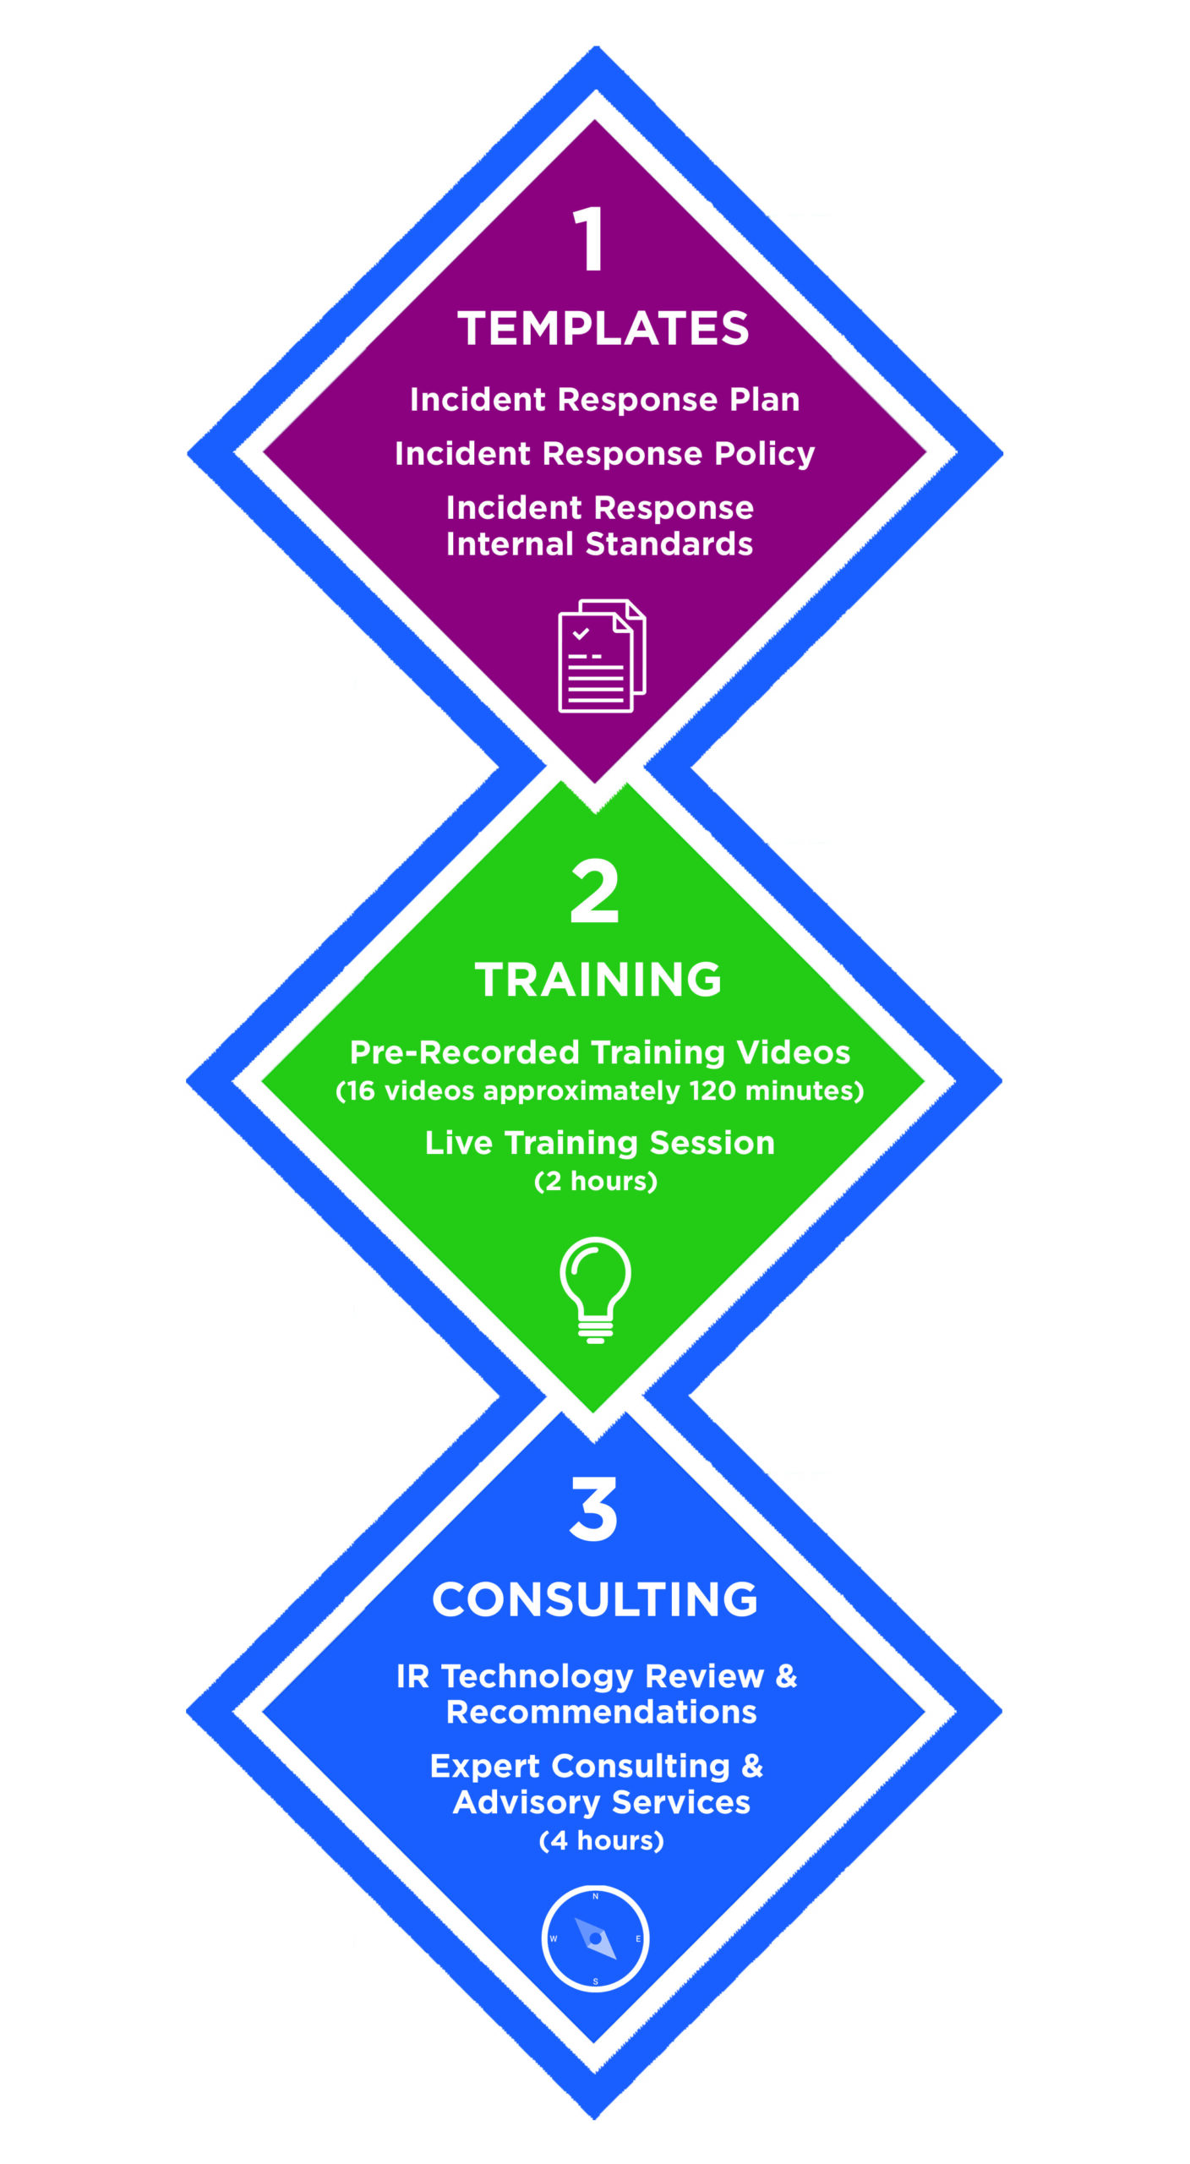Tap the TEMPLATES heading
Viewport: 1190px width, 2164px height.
point(603,328)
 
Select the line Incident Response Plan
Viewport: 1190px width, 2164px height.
point(604,400)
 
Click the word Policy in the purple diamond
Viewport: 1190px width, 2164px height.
point(764,454)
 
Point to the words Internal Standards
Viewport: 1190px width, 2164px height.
point(599,544)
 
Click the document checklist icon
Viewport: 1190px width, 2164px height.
point(602,656)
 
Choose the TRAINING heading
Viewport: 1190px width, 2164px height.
point(598,980)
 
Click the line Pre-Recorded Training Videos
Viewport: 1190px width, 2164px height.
point(600,1052)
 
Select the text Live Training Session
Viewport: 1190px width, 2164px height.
point(599,1143)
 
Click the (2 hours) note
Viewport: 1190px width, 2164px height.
point(596,1181)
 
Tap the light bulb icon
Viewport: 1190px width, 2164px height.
point(595,1290)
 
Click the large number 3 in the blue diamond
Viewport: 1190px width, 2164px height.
point(593,1510)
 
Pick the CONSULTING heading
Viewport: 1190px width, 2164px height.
point(595,1599)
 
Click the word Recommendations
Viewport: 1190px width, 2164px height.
point(601,1713)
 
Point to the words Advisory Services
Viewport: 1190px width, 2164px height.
point(601,1802)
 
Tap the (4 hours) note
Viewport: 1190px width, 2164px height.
point(601,1840)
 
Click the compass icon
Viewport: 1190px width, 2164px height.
point(595,1939)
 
